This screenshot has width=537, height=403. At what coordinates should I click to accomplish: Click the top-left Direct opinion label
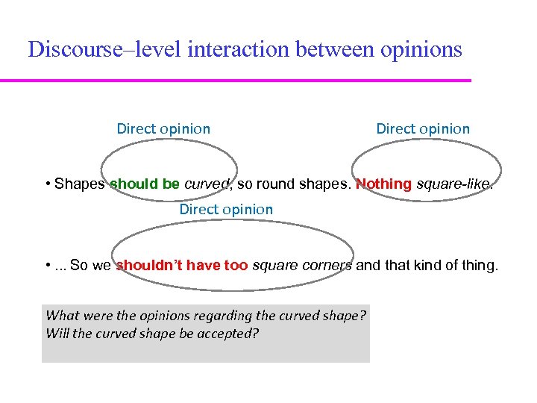pyautogui.click(x=163, y=128)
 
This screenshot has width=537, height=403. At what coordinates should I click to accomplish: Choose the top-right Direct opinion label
pyautogui.click(x=423, y=128)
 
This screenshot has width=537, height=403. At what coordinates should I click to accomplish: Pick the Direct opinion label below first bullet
pyautogui.click(x=226, y=210)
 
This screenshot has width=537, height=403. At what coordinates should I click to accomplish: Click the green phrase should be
pyautogui.click(x=145, y=184)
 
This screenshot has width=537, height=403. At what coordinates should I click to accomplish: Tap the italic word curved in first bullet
pyautogui.click(x=202, y=184)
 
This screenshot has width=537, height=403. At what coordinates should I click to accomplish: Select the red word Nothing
pyautogui.click(x=383, y=184)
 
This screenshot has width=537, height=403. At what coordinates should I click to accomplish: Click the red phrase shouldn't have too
pyautogui.click(x=182, y=265)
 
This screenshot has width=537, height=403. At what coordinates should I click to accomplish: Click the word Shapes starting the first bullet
pyautogui.click(x=80, y=184)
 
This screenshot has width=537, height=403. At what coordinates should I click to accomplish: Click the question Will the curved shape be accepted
pyautogui.click(x=152, y=333)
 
